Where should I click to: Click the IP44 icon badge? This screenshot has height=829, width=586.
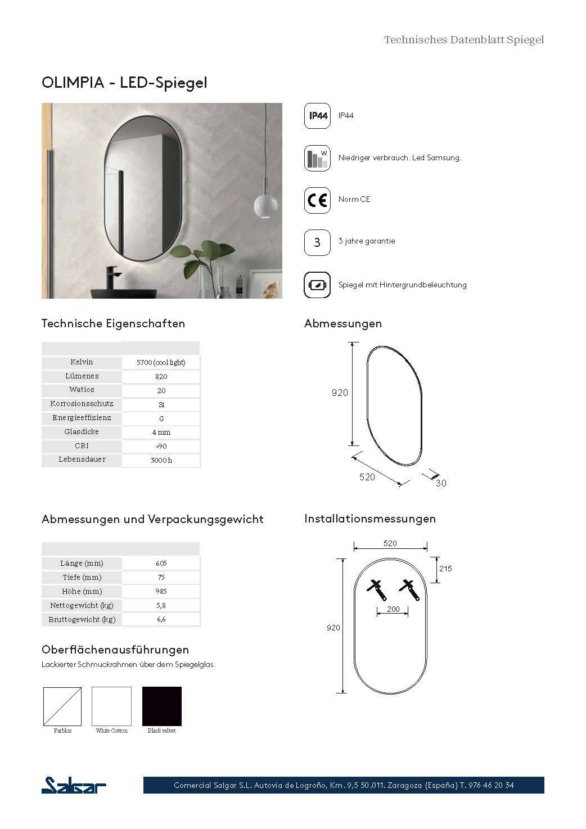point(317,116)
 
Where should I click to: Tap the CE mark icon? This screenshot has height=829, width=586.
point(317,200)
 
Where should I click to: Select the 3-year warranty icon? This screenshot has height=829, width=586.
point(317,242)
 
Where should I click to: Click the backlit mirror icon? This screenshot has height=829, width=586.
point(317,285)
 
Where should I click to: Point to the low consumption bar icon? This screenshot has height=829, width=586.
point(317,158)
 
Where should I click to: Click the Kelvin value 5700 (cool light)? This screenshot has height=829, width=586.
point(161,362)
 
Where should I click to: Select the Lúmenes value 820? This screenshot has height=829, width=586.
point(161,376)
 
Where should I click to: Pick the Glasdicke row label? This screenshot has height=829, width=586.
point(82,432)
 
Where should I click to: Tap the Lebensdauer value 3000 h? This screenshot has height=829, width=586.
point(161,460)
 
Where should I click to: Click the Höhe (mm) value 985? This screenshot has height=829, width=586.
point(161,591)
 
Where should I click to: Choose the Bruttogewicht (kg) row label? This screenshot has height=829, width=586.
point(82,619)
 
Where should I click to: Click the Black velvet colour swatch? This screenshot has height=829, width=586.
point(162,706)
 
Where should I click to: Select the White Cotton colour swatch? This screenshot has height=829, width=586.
point(111,706)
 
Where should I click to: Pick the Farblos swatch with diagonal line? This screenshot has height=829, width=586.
point(62,706)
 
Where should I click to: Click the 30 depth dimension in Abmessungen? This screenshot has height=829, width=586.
point(441,483)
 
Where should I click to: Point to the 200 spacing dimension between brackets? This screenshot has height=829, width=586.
point(393,609)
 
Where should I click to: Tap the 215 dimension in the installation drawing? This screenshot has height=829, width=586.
point(445,569)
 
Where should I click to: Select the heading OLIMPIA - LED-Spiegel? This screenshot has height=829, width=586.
point(124,83)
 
